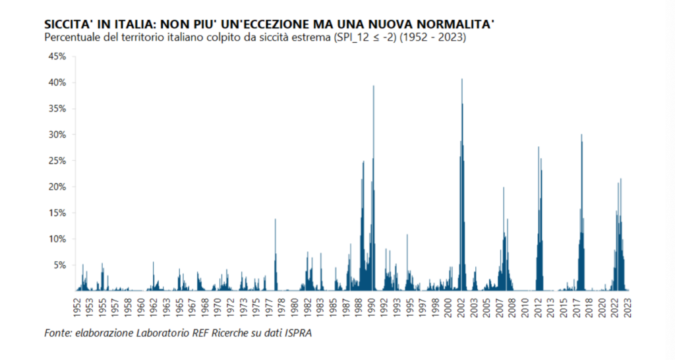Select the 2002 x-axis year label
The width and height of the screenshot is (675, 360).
click(462, 308)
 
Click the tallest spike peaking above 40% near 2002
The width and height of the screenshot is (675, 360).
click(462, 80)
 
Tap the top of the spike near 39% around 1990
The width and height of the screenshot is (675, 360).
click(374, 86)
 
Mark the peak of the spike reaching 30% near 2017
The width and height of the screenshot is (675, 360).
click(581, 135)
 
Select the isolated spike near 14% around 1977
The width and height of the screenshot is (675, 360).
click(276, 220)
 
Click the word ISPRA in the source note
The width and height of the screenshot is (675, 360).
click(297, 333)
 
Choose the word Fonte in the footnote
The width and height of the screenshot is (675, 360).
click(58, 333)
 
